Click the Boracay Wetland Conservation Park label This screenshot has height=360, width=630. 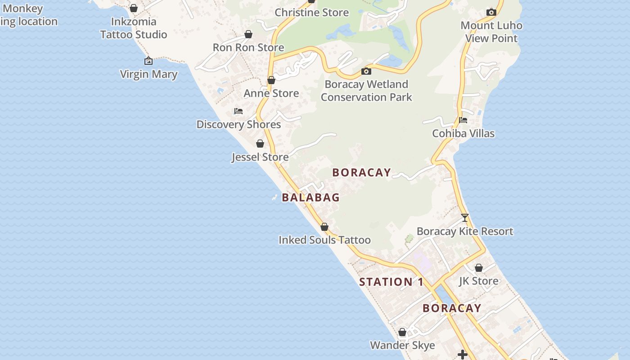(366, 90)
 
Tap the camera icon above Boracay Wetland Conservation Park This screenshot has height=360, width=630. (366, 71)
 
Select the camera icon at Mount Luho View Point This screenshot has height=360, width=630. (491, 12)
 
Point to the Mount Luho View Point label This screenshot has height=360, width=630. (491, 31)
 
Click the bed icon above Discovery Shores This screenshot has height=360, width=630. (238, 111)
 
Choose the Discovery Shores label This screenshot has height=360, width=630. (238, 124)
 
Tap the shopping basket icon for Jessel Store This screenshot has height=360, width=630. (260, 144)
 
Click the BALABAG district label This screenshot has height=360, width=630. (310, 197)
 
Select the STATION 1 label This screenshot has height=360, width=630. (391, 282)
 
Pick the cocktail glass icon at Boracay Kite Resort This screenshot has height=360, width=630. (465, 218)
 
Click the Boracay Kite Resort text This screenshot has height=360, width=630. (465, 231)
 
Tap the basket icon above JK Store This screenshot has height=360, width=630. (479, 268)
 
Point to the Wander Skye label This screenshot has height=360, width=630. (402, 345)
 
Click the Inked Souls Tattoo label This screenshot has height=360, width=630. (324, 240)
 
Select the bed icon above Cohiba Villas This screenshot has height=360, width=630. (463, 120)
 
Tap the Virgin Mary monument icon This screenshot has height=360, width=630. (148, 61)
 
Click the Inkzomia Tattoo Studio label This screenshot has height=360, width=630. (134, 28)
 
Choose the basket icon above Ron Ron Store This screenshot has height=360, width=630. (248, 34)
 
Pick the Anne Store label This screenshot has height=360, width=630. (271, 93)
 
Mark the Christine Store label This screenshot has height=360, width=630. (312, 13)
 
